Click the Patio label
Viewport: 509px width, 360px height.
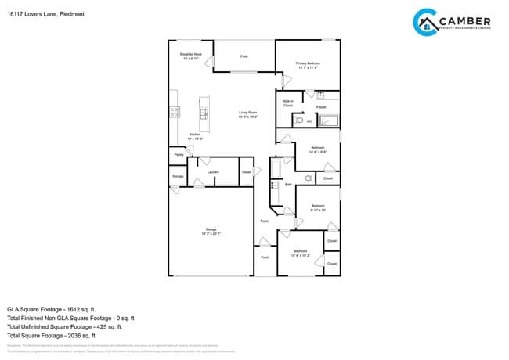[x=244, y=57]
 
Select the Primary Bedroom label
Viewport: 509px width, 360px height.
[x=308, y=65]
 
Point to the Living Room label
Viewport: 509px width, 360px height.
[x=248, y=113]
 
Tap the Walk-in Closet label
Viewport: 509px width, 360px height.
[x=288, y=103]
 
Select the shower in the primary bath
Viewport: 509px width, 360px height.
[x=329, y=121]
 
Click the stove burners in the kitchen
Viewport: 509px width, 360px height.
[x=173, y=112]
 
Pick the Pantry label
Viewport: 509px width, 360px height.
[x=179, y=155]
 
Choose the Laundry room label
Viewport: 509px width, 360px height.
[x=213, y=172]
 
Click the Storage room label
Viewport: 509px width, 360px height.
[x=178, y=177]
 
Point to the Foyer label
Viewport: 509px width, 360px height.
[x=265, y=221]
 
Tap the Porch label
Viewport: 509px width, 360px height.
[x=265, y=256]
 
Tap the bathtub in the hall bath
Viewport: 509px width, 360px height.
[x=276, y=168]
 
